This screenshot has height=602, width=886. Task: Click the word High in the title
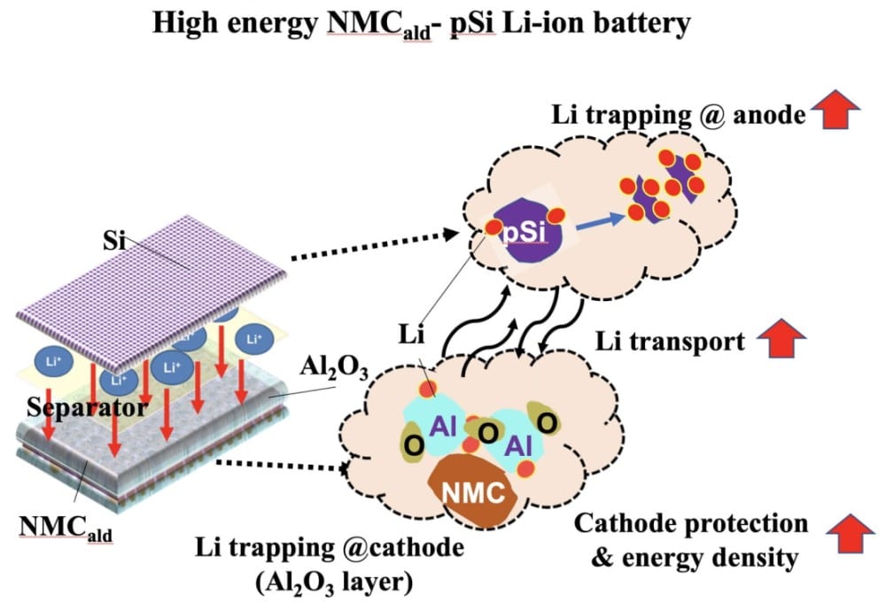pyautogui.click(x=189, y=24)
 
